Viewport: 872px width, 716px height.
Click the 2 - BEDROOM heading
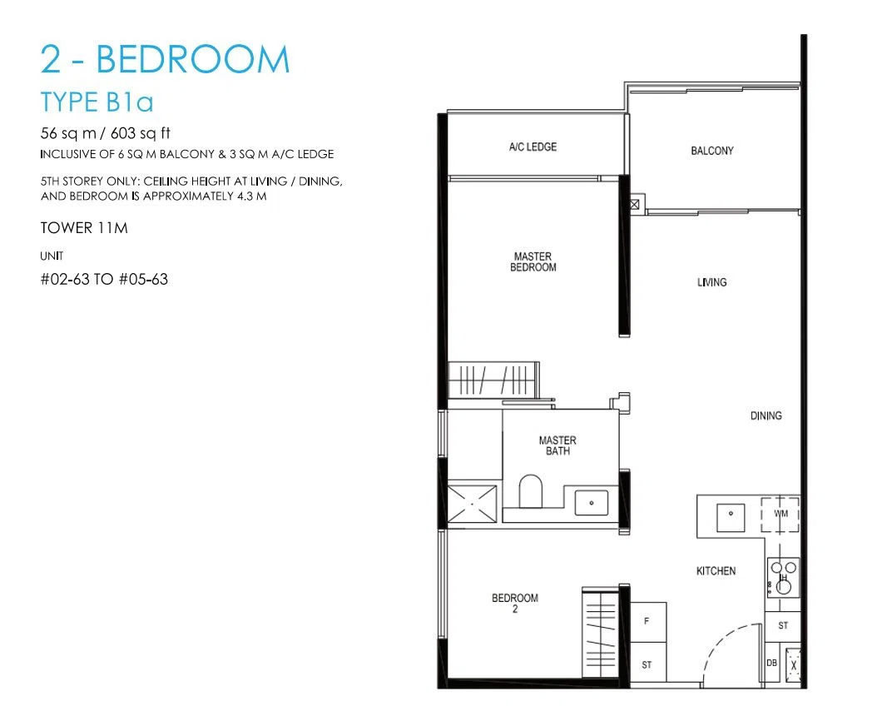click(166, 59)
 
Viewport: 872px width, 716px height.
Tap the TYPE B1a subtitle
click(97, 102)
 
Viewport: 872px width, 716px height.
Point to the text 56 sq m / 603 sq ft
click(105, 133)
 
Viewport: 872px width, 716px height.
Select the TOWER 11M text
click(84, 228)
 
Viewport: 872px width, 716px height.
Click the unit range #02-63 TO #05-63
click(104, 279)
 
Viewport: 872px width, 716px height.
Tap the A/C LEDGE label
click(533, 147)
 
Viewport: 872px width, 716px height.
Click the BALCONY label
click(712, 151)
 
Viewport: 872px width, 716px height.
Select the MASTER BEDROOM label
click(533, 261)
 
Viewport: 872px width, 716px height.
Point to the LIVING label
click(712, 282)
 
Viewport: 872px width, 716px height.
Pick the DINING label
click(765, 415)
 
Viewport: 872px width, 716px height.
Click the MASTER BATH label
click(557, 445)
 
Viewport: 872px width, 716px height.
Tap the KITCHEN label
click(716, 571)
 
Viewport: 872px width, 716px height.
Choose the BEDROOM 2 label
click(515, 603)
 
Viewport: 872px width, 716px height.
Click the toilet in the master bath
click(531, 490)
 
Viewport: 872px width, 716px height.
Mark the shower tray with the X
click(472, 503)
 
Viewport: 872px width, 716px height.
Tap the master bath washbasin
click(591, 502)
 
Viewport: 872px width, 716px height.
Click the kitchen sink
click(731, 518)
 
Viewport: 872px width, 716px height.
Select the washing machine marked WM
click(780, 514)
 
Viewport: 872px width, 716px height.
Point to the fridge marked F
click(648, 622)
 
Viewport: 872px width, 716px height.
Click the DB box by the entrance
click(772, 663)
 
